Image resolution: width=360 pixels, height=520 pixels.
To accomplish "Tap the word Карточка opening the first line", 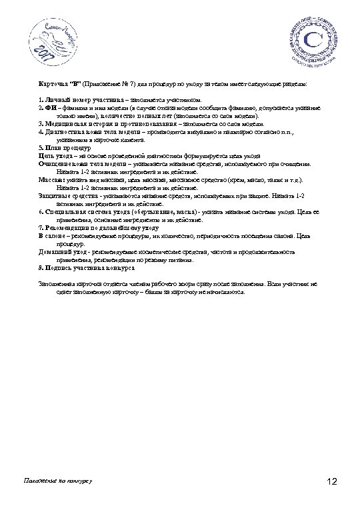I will [x=51, y=86].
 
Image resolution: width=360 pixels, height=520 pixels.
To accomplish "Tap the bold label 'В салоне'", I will [x=51, y=236].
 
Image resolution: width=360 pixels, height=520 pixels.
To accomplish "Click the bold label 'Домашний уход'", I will [x=60, y=253].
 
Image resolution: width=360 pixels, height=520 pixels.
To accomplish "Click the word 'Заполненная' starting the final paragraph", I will [x=58, y=283].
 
